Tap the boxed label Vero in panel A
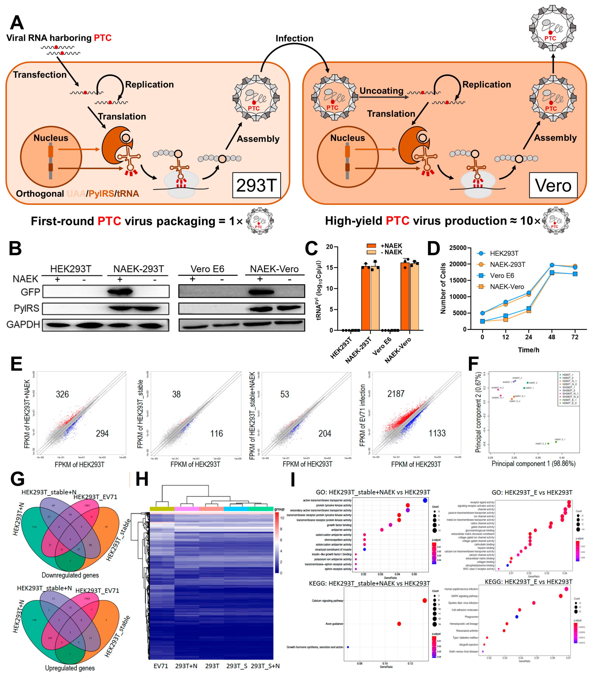click(x=553, y=185)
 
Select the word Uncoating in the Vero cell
click(x=381, y=91)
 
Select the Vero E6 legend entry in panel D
click(x=502, y=275)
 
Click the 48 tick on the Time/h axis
click(x=552, y=337)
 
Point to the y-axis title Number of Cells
click(x=443, y=288)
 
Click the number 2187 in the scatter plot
click(x=396, y=394)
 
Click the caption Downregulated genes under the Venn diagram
click(x=70, y=575)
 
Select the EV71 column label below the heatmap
click(x=161, y=666)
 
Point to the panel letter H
click(x=142, y=479)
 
